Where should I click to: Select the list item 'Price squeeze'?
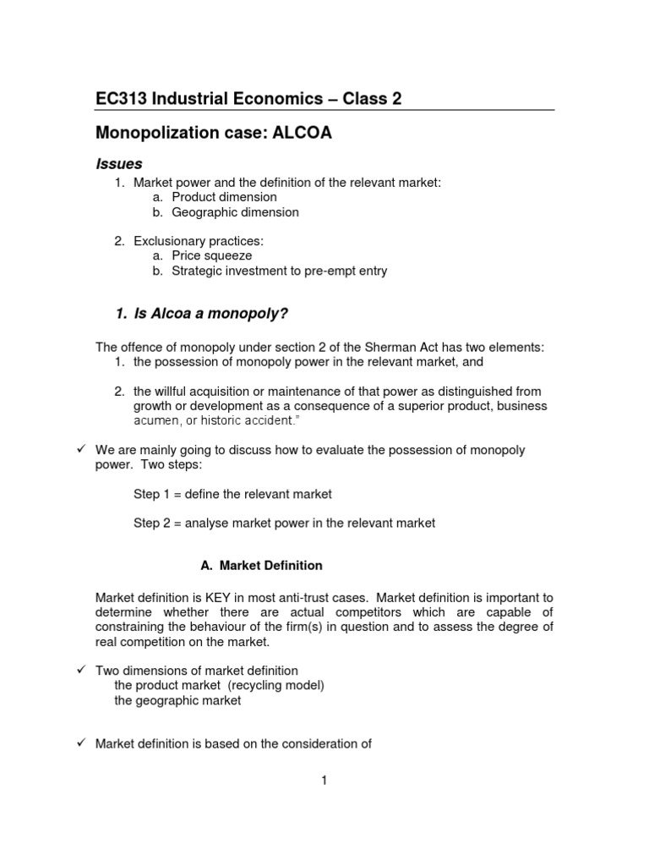coord(211,255)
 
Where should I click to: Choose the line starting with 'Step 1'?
coord(232,493)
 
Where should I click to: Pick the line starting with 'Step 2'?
coord(284,523)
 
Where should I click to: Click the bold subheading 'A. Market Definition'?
coord(254,565)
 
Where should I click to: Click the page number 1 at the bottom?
coord(324,781)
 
